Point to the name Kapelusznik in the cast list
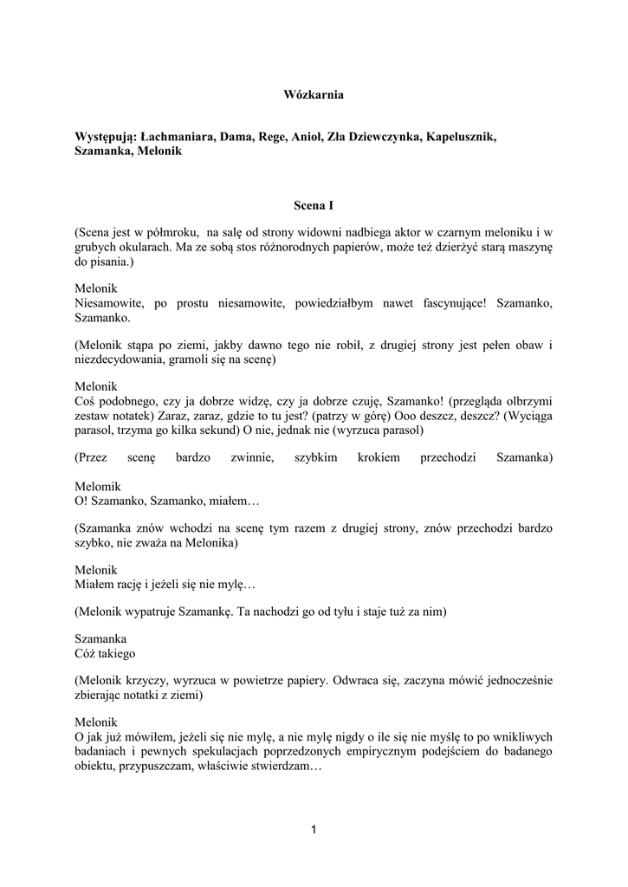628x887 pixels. [460, 137]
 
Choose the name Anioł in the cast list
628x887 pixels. [307, 137]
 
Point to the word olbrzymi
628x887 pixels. [527, 401]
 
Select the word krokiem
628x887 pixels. [379, 457]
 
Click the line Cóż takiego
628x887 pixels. [105, 653]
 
